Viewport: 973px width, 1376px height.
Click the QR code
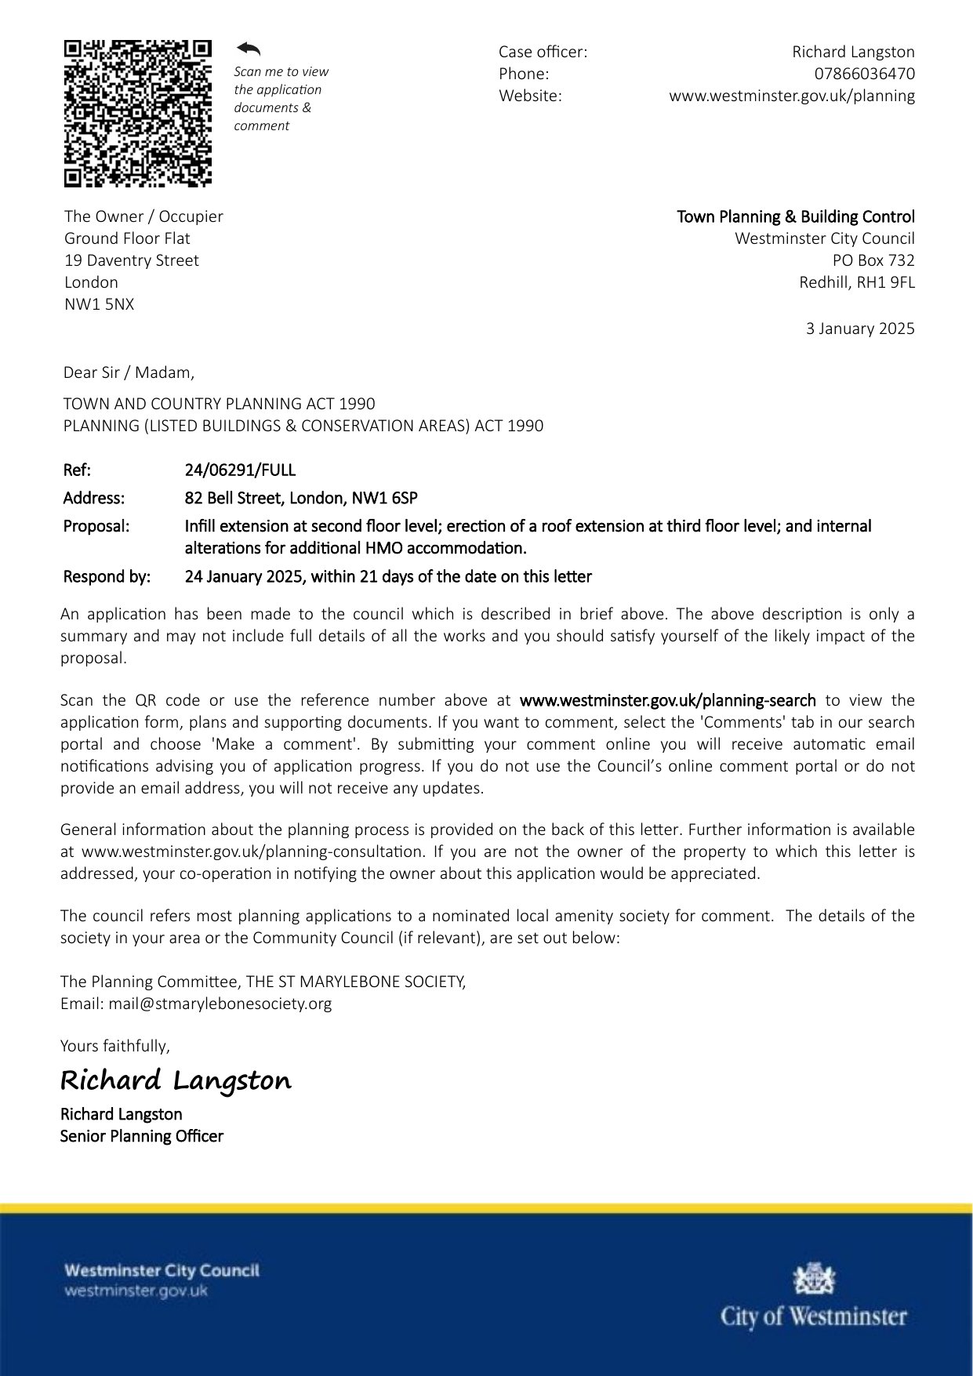pos(138,114)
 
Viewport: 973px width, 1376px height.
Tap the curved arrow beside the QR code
pos(249,49)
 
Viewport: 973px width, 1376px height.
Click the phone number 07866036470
pos(864,74)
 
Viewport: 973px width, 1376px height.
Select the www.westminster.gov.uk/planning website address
pos(792,96)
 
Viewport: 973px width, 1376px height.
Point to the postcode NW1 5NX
pos(100,304)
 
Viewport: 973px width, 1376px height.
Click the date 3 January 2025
pos(860,329)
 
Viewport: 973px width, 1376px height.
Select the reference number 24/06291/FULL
pos(240,470)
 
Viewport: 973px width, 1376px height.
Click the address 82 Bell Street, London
pos(301,498)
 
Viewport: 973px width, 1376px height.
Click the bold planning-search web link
pos(667,700)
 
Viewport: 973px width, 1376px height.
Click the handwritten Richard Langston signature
pos(176,1080)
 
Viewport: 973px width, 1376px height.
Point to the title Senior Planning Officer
pos(142,1136)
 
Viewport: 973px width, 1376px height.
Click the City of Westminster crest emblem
pos(815,1279)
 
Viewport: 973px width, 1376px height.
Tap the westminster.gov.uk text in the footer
pos(136,1291)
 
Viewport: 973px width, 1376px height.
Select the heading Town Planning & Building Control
pos(796,216)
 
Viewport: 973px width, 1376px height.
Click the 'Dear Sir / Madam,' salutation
pos(129,372)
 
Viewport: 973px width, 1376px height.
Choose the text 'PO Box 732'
pos(873,260)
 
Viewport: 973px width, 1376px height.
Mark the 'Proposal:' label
pos(96,526)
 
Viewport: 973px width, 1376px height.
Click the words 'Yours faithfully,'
pos(115,1046)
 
